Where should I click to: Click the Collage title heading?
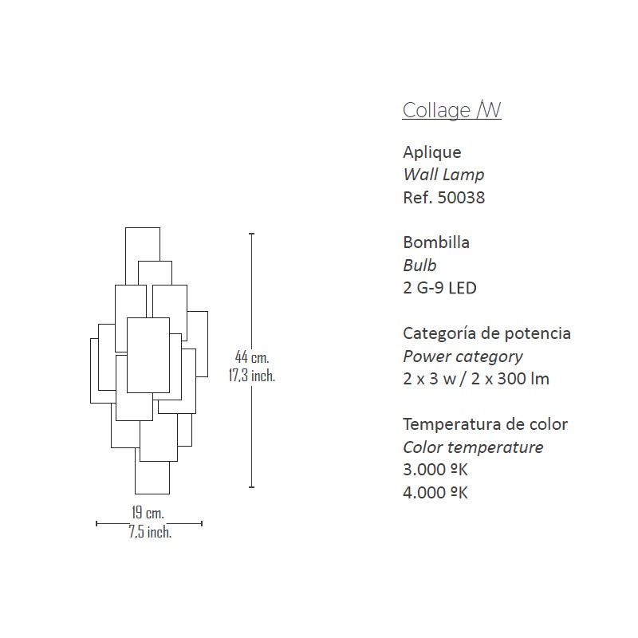[451, 110]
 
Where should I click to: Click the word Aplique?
[432, 152]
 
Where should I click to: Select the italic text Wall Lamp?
[443, 175]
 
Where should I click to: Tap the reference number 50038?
[462, 198]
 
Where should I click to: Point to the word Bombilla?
[436, 242]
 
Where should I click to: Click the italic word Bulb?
[419, 266]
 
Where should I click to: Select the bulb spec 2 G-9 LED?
[440, 288]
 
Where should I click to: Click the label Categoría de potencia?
[486, 333]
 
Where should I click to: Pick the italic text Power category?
[463, 356]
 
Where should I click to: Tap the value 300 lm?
[523, 379]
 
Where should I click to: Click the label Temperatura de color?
[486, 424]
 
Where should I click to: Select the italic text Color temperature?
[473, 447]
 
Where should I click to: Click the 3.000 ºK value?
[435, 470]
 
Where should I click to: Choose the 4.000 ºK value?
[435, 492]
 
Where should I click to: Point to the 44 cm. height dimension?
[252, 357]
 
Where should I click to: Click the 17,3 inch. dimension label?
[252, 375]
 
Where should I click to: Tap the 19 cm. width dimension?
[148, 513]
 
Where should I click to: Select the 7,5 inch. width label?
[150, 532]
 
